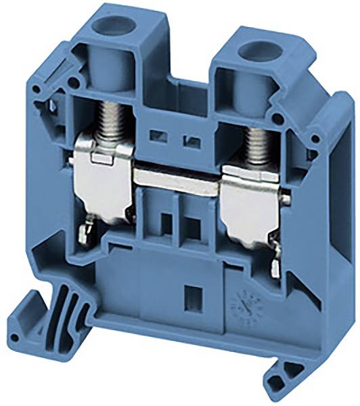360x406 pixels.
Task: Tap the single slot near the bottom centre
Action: [x=190, y=295]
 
